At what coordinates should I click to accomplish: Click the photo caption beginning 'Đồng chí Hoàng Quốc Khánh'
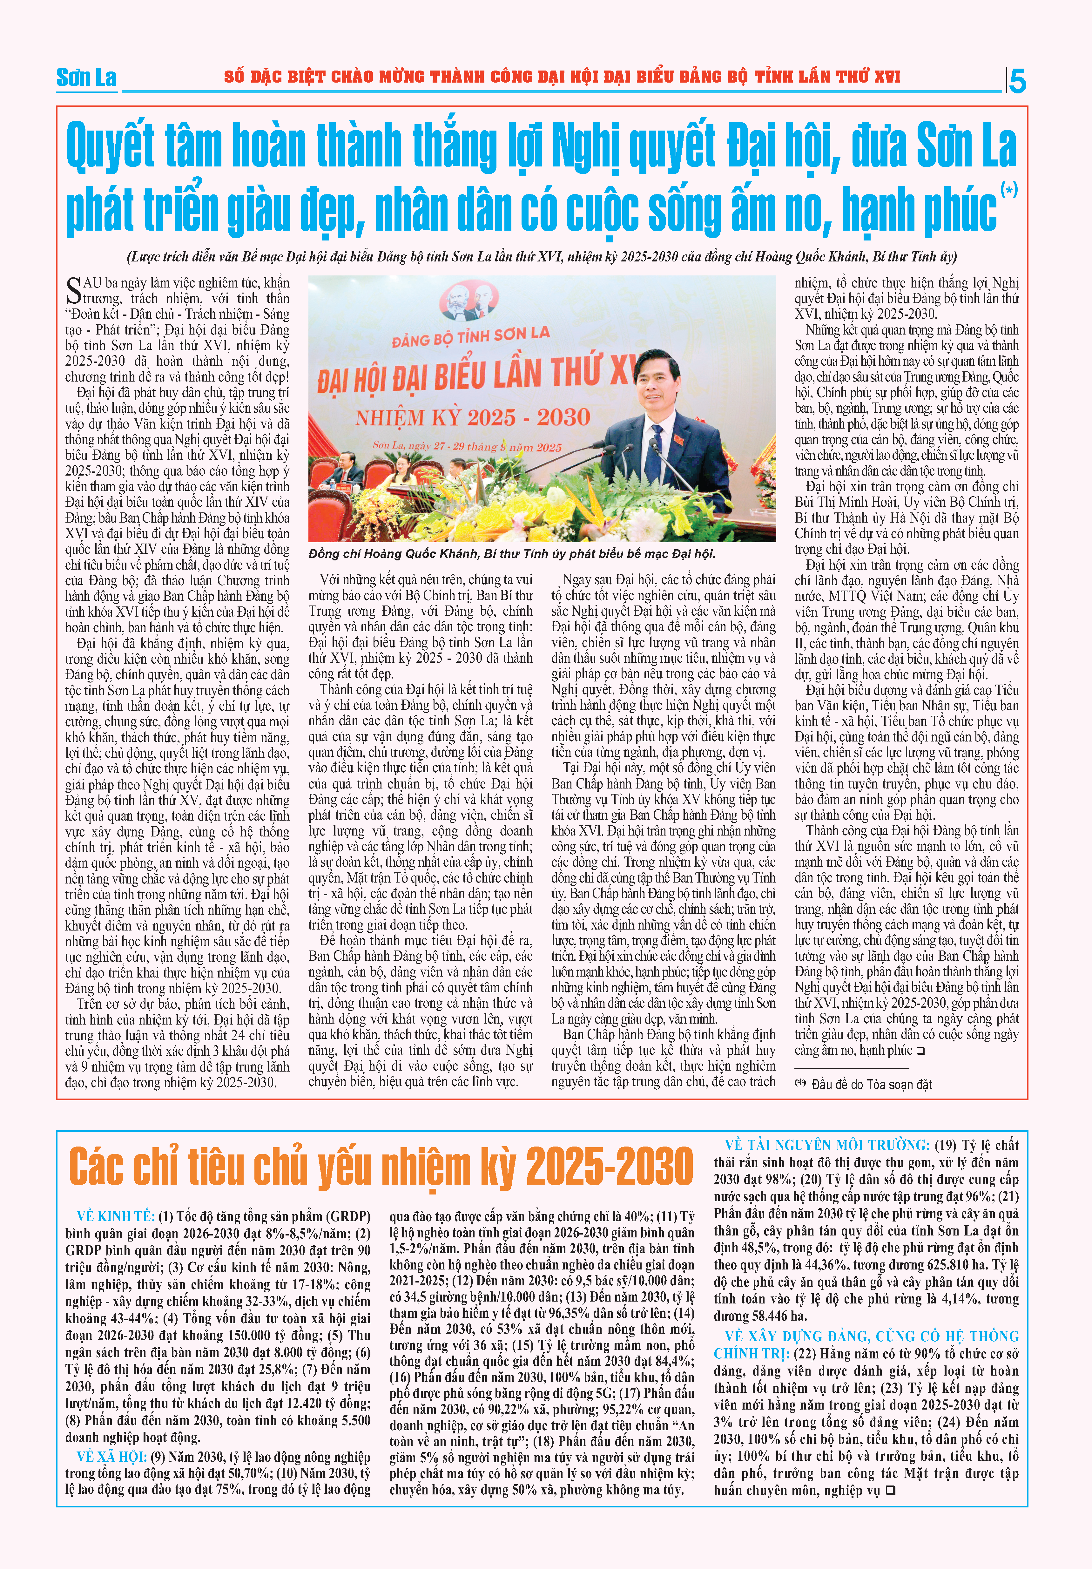tap(511, 554)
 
